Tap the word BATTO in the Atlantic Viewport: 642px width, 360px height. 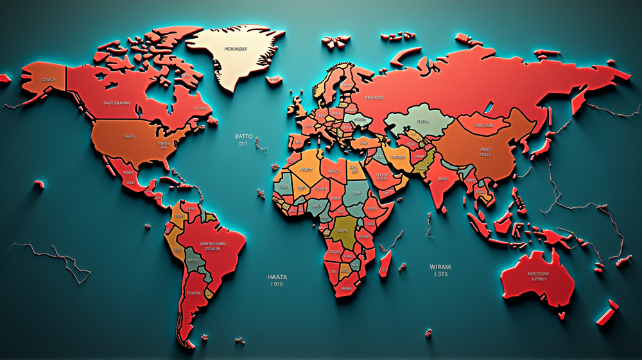(x=243, y=136)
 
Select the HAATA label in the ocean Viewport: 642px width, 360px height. (x=277, y=277)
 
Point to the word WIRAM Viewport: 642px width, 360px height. (x=440, y=266)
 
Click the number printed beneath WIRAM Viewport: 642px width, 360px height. (x=440, y=274)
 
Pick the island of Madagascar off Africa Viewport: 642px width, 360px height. (x=386, y=263)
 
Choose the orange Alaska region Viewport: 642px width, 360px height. (x=45, y=80)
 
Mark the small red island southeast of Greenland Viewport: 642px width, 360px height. (x=275, y=80)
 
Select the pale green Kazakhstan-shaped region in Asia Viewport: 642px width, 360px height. (x=421, y=120)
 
